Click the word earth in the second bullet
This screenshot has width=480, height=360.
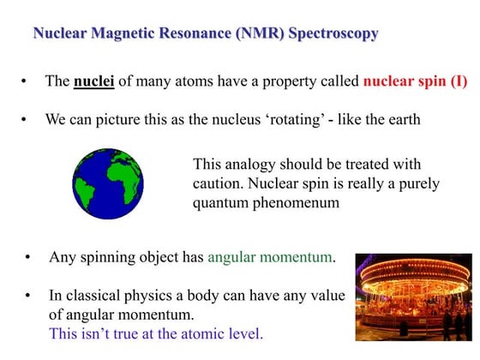[402, 119]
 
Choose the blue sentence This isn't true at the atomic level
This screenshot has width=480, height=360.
[155, 333]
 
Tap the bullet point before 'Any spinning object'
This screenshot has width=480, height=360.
[29, 258]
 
